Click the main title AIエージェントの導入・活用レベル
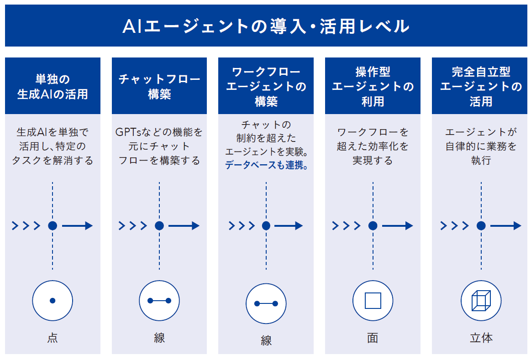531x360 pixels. [x=266, y=26]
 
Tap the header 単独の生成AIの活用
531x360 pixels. [x=53, y=87]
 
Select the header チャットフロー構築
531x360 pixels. [x=159, y=87]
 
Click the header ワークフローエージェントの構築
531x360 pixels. [x=266, y=86]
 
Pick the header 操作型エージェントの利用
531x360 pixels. [x=373, y=86]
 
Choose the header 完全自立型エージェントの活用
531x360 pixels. [x=481, y=86]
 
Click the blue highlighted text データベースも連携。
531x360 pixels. [x=267, y=165]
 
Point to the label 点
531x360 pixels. [x=53, y=338]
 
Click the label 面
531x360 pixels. [x=373, y=338]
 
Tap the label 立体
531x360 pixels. [x=481, y=338]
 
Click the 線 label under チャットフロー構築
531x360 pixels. [x=159, y=338]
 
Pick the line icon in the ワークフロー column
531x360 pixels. [x=266, y=303]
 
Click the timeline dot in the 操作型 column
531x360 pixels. [x=373, y=226]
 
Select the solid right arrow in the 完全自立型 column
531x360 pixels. [x=505, y=226]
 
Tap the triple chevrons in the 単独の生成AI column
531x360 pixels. [x=26, y=226]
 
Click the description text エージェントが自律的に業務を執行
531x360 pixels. [x=481, y=146]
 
